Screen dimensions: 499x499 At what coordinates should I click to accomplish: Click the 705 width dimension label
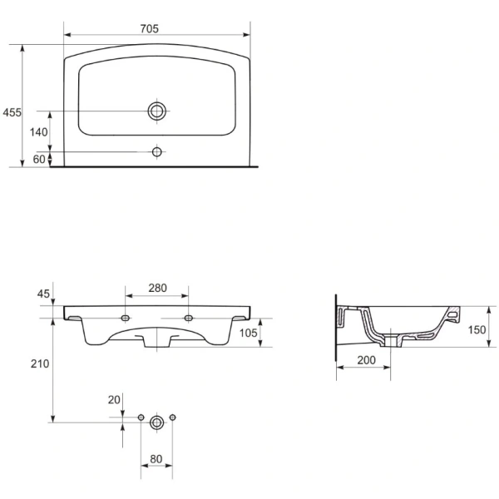click(x=149, y=29)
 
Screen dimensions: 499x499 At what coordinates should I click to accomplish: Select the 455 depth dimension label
click(x=12, y=112)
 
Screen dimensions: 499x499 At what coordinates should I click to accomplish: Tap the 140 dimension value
click(x=38, y=132)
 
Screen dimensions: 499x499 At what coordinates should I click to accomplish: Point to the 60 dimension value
click(x=39, y=159)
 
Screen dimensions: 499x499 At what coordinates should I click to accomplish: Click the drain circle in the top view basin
click(x=157, y=111)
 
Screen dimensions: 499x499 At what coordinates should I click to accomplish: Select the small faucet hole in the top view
click(x=157, y=152)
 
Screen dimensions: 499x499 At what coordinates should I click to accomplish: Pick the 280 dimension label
click(x=157, y=288)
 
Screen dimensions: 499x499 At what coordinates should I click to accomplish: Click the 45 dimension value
click(x=43, y=294)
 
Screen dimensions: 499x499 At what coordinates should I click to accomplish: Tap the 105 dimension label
click(x=248, y=333)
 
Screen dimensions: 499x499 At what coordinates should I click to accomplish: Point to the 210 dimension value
click(x=40, y=363)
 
